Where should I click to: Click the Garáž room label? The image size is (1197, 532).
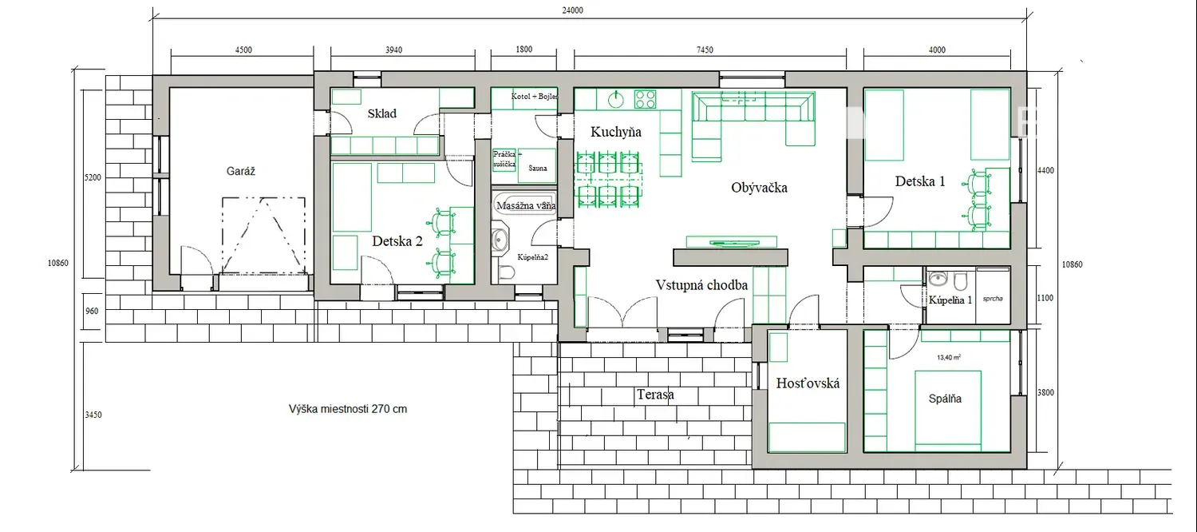pos(240,171)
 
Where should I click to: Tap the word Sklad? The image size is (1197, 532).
pos(382,113)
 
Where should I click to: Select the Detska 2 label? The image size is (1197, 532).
pos(397,241)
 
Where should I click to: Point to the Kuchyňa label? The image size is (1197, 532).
pos(615,132)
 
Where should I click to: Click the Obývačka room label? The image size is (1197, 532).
pos(760,188)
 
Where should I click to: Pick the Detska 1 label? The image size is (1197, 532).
pos(920,181)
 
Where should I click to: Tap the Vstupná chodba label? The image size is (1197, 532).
pos(701,285)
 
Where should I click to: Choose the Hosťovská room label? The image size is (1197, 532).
pos(808,383)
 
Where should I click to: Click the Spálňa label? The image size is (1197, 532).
pos(945,399)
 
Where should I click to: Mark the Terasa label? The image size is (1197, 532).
pos(655,395)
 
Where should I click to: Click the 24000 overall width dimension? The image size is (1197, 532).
pos(572,10)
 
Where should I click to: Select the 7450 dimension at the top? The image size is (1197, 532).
pos(705,50)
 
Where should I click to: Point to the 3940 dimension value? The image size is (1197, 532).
pos(394,50)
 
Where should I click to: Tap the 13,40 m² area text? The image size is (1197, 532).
pos(949,357)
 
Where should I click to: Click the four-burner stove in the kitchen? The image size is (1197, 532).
pos(645,99)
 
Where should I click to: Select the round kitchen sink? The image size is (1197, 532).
pos(616,99)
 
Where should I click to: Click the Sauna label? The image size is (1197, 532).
pos(538,168)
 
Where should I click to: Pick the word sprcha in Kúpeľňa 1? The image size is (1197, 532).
pos(993,298)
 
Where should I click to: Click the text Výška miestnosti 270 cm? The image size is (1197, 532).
pos(348,409)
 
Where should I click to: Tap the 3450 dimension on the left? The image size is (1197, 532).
pos(93,415)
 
